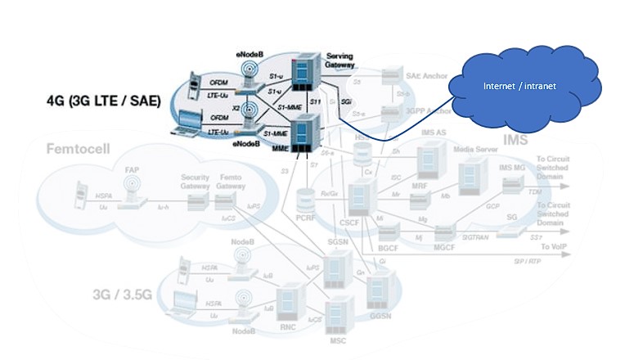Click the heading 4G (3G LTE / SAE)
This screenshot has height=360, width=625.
click(x=102, y=101)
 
